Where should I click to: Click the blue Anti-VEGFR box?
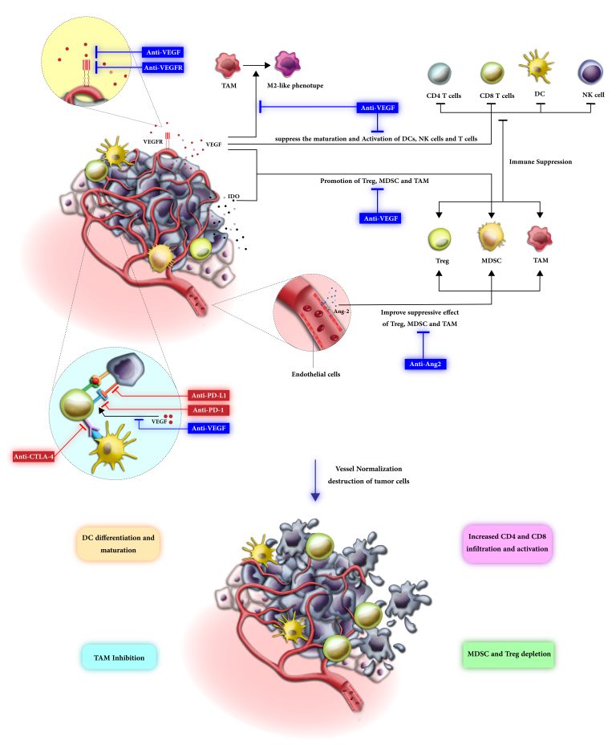[163, 67]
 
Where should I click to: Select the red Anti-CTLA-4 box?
[33, 457]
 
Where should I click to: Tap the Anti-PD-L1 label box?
[209, 395]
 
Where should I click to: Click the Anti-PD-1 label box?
[209, 410]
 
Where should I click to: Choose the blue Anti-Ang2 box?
[425, 364]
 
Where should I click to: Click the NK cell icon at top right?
[590, 72]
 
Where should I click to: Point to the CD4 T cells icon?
[440, 74]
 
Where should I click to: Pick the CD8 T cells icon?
[492, 73]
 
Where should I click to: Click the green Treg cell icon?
[440, 238]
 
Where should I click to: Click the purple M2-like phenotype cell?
[286, 63]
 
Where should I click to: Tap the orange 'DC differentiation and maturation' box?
[118, 543]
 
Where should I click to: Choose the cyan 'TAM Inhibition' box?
[119, 657]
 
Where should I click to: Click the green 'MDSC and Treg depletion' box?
[509, 653]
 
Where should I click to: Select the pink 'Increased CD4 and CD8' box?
[507, 543]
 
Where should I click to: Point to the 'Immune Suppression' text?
[541, 161]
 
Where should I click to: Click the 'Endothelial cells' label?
[315, 374]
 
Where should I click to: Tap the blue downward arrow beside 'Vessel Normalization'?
[314, 480]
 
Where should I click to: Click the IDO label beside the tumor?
[233, 196]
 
